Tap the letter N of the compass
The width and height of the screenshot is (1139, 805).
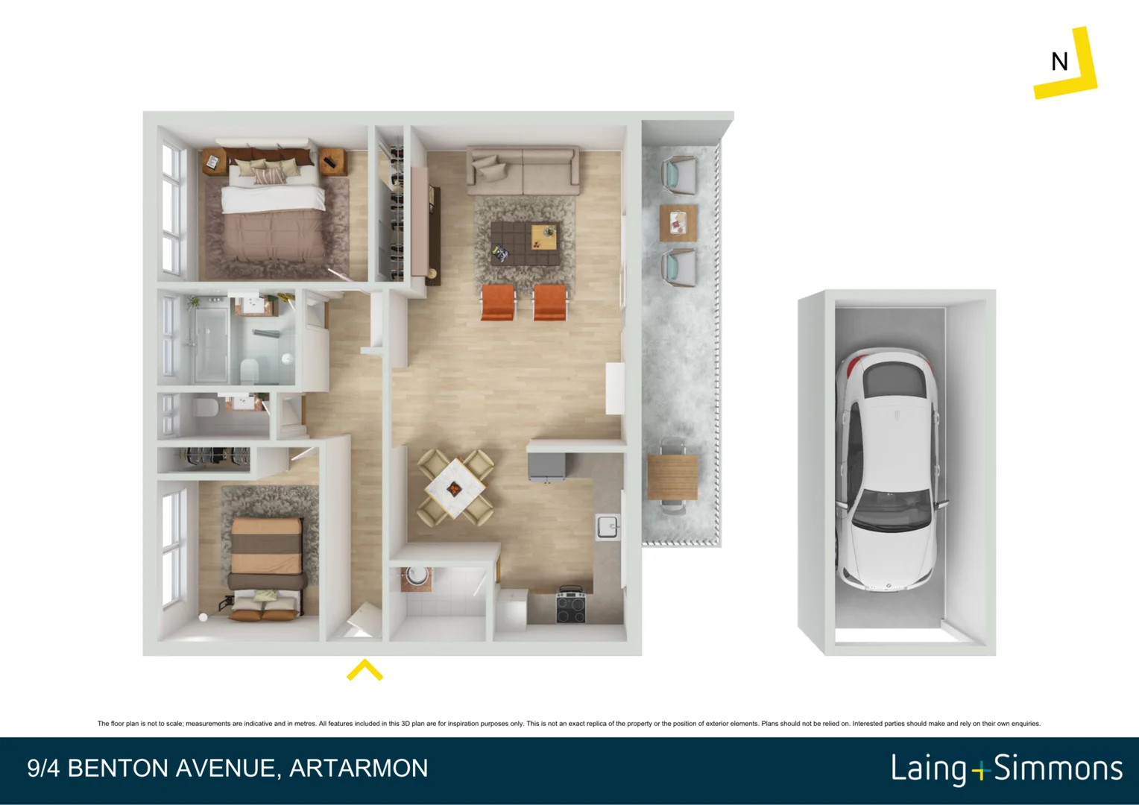(1059, 62)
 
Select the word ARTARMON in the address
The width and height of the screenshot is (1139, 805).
(359, 768)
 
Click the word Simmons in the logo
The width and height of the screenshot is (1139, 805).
(1058, 768)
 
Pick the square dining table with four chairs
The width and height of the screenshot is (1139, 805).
(455, 488)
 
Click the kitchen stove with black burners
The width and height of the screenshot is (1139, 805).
(571, 605)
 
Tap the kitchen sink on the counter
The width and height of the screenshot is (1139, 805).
(608, 526)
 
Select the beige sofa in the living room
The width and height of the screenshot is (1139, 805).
(523, 170)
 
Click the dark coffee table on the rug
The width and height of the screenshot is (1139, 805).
(526, 243)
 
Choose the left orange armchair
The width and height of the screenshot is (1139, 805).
(498, 302)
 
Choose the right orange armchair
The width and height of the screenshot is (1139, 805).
(550, 302)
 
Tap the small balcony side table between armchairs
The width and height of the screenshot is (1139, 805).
(678, 222)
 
